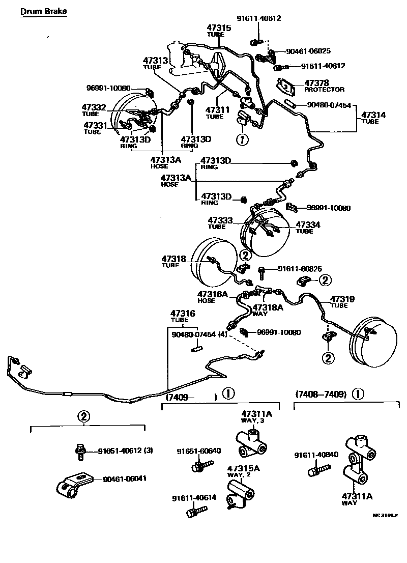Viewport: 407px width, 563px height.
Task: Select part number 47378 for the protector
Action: point(316,82)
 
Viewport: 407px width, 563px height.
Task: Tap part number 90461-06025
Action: point(308,51)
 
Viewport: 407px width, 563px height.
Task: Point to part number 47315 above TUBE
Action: point(219,27)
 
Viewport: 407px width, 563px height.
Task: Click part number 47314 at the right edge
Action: point(373,115)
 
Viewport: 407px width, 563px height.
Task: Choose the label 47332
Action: point(94,107)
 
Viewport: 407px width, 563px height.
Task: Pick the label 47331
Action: point(95,125)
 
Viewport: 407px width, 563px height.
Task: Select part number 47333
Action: point(220,220)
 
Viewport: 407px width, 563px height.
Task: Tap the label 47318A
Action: point(268,307)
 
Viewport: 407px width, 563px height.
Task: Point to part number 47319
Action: point(342,299)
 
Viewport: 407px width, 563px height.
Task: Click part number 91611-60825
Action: point(300,269)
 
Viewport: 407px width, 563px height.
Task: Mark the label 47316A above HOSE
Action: point(213,294)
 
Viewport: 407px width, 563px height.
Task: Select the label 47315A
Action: point(243,468)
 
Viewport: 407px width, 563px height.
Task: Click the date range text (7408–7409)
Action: point(321,394)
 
